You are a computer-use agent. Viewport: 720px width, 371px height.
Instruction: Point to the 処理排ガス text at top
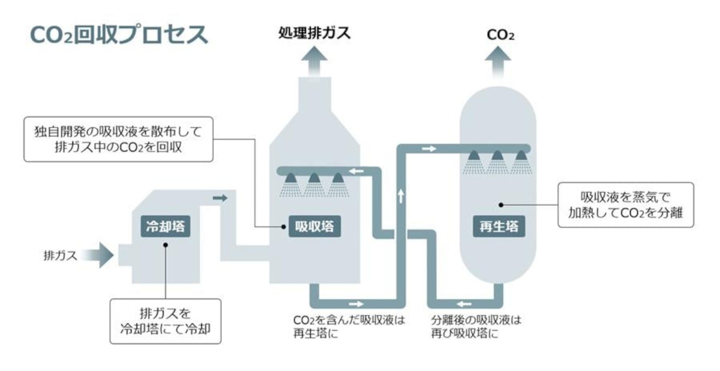(x=314, y=33)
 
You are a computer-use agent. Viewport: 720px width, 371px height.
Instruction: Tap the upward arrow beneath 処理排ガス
(x=314, y=60)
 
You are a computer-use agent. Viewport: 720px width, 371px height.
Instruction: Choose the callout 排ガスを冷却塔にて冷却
(x=165, y=321)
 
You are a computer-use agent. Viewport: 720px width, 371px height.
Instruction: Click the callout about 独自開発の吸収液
(x=118, y=139)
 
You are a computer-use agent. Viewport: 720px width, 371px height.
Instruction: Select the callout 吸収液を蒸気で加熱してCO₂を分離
(x=625, y=205)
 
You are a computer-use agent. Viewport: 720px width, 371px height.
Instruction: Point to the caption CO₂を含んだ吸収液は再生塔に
(x=349, y=327)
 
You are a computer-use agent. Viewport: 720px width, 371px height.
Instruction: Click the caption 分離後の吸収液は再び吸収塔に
(x=476, y=327)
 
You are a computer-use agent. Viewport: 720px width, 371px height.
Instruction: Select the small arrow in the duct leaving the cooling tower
(x=221, y=198)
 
